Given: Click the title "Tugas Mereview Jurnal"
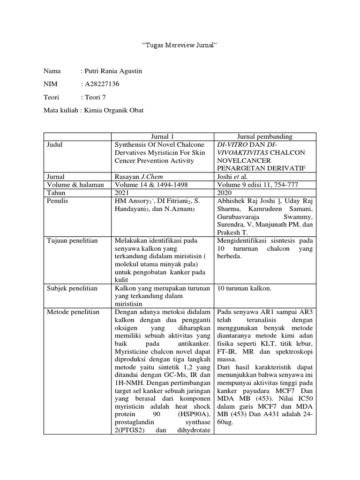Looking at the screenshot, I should coord(180,45).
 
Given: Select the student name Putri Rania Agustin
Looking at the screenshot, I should coord(112,71).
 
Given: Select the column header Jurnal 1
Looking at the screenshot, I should coord(163,137).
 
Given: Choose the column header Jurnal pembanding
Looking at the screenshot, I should coord(265,137).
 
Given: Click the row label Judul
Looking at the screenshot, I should coord(55,145).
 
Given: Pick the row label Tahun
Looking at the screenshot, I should coord(57,193).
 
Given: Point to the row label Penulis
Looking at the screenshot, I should coord(58,201).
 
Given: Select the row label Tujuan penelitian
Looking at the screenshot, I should coord(73,240).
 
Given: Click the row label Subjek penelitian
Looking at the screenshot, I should coord(72,288).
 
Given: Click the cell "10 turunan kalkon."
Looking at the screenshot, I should coord(244,288).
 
